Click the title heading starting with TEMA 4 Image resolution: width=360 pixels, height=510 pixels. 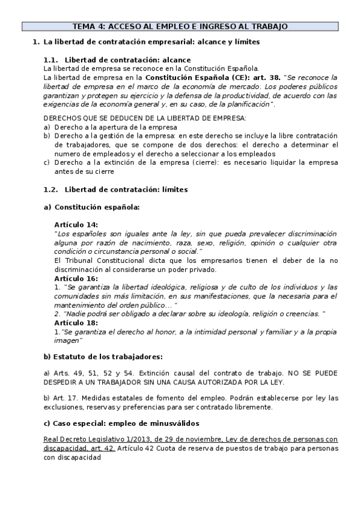[x=180, y=26]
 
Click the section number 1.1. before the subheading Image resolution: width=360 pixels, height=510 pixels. [x=51, y=60]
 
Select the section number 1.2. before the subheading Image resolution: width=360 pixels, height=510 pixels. [x=51, y=189]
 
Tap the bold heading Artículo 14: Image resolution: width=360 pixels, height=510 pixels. [x=76, y=224]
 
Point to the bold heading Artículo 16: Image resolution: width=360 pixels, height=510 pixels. [x=76, y=279]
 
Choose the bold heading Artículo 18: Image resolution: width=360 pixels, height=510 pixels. [x=76, y=322]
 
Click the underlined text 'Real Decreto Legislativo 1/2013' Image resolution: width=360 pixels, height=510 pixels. [x=96, y=440]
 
